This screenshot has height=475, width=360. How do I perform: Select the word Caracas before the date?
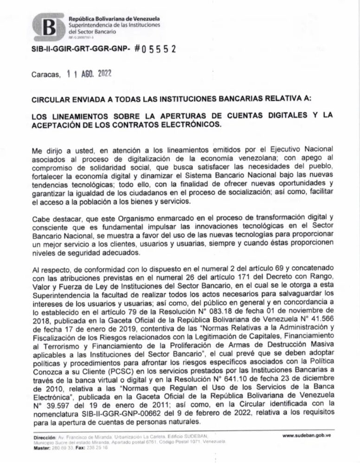click(x=45, y=74)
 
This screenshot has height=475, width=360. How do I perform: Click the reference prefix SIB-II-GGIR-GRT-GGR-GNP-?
click(x=79, y=50)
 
